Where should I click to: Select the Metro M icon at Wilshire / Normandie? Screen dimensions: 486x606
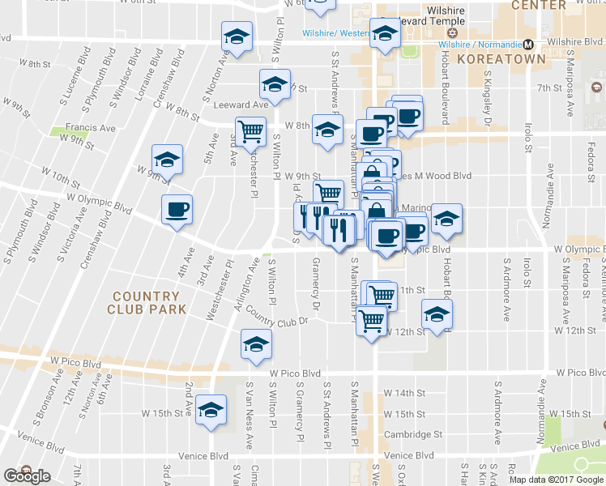[527, 44]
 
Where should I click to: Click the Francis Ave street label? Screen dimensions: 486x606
[91, 128]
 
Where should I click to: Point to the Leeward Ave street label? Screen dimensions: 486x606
[241, 104]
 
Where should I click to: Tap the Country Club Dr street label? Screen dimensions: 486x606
[278, 316]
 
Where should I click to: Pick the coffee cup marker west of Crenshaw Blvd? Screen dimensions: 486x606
[177, 211]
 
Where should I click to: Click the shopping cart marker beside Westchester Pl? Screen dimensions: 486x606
[250, 130]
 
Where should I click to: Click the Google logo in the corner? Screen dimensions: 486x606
[27, 476]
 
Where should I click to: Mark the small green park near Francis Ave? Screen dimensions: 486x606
[58, 130]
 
